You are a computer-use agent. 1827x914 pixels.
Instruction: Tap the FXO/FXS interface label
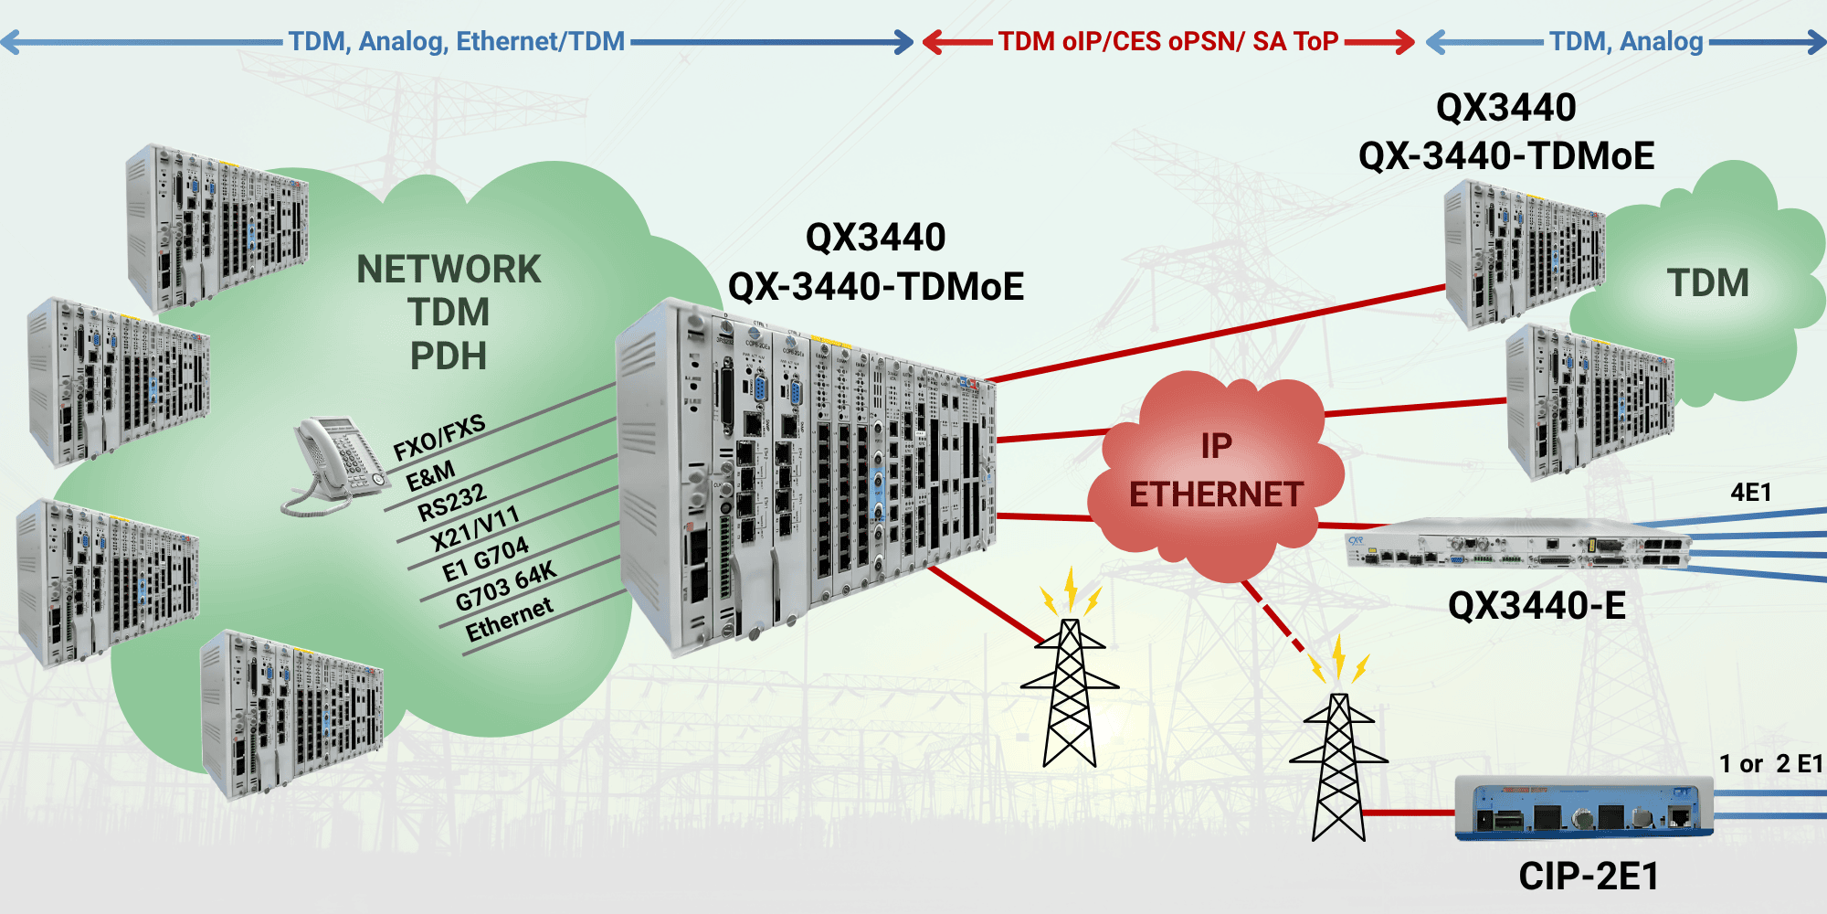[438, 438]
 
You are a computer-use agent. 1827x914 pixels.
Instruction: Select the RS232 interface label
[451, 502]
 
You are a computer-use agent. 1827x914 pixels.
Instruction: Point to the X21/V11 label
[474, 528]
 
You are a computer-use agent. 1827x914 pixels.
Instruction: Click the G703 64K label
[505, 586]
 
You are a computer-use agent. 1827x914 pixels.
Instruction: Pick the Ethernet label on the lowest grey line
[509, 619]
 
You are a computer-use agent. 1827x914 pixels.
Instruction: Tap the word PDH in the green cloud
[448, 356]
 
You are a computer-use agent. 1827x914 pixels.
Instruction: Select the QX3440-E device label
[1537, 606]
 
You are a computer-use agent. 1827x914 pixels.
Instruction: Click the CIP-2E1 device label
[1588, 877]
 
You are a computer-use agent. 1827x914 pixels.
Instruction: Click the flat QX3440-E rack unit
[1516, 546]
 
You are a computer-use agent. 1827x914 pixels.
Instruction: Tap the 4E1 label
[1750, 493]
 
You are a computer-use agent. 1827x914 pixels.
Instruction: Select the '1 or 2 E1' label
[1769, 764]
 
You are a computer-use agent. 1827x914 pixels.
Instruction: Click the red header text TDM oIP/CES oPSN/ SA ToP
[1167, 42]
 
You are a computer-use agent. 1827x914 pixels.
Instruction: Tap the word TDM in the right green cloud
[1707, 283]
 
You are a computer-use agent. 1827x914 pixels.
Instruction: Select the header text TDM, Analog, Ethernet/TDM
[457, 42]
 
